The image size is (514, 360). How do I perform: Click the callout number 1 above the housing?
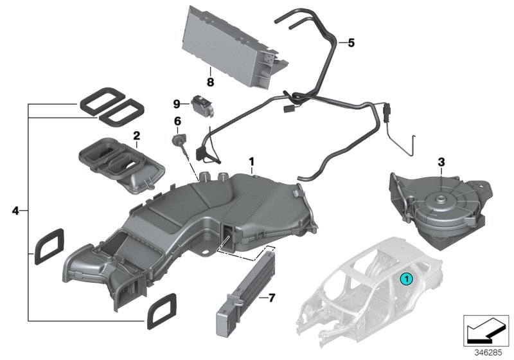252,160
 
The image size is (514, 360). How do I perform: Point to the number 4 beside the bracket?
16,210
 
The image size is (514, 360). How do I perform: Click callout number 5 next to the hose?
351,43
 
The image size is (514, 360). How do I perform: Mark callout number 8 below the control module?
210,82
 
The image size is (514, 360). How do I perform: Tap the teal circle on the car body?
405,278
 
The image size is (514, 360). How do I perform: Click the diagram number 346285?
488,352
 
